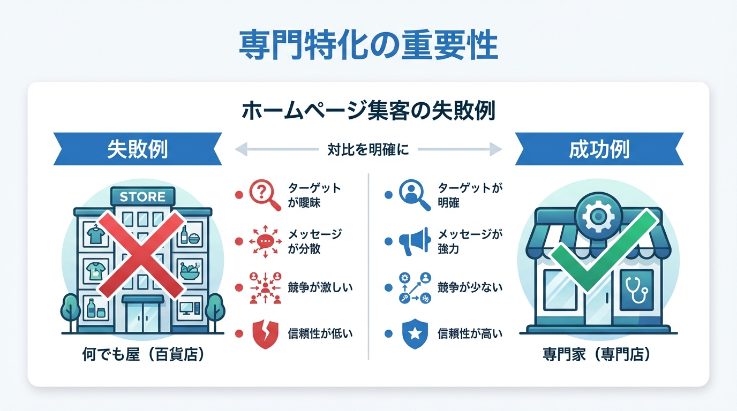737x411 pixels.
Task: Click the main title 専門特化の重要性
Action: [368, 47]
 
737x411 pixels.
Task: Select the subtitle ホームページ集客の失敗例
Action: [368, 111]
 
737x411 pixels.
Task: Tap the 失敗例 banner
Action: [137, 149]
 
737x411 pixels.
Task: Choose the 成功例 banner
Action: [599, 149]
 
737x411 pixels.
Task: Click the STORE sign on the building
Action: [142, 196]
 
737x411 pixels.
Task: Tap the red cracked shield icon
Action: [264, 334]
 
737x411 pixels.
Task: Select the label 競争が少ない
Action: [470, 287]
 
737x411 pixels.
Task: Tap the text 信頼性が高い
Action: [470, 334]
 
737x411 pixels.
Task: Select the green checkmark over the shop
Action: [604, 249]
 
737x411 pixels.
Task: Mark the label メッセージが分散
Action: [315, 241]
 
